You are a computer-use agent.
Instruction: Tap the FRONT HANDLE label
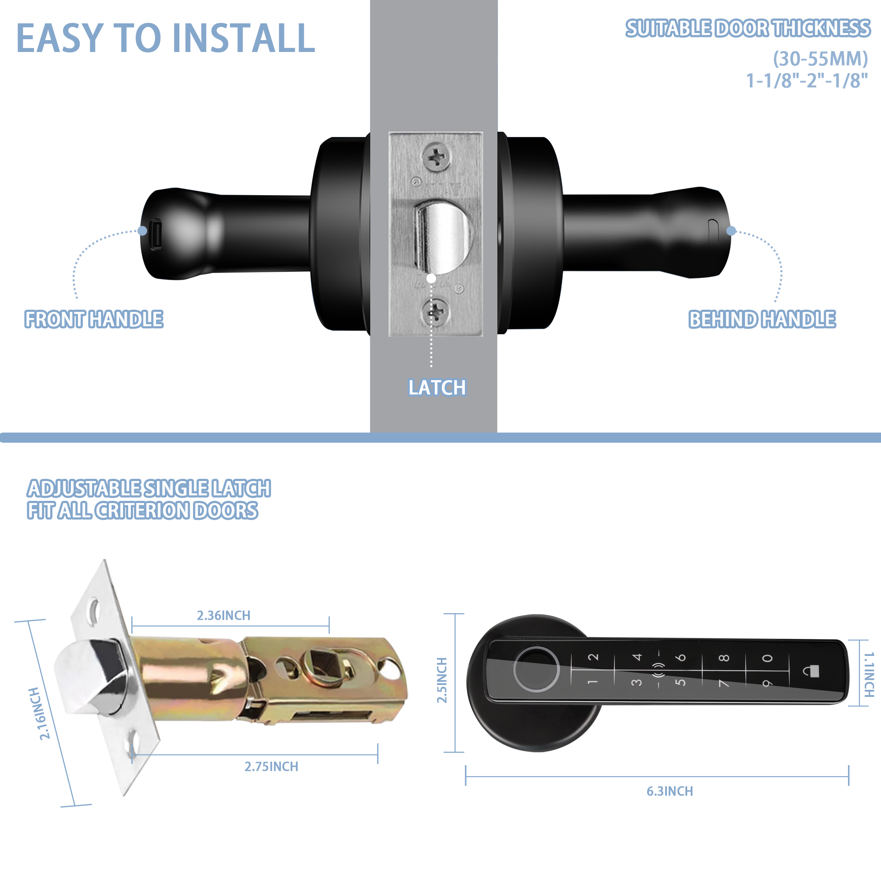tap(94, 319)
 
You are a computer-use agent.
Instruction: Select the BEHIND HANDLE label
tap(762, 319)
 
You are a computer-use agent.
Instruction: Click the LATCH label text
tap(437, 388)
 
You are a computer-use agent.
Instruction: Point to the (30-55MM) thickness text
tap(820, 59)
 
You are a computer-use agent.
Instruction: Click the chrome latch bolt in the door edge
tap(442, 237)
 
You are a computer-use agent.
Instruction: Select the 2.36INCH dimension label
tap(223, 616)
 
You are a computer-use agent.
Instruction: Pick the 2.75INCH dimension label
tap(271, 766)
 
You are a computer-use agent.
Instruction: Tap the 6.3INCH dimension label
tap(670, 791)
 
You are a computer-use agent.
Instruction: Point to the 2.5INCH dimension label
tap(442, 681)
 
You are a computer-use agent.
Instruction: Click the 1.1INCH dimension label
tap(869, 674)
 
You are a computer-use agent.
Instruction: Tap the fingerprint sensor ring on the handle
tap(536, 670)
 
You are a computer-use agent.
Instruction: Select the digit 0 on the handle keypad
tap(767, 658)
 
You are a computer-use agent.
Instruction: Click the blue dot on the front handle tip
tap(142, 231)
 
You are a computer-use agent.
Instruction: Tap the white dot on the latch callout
tap(431, 278)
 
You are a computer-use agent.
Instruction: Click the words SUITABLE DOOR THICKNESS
tap(748, 28)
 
